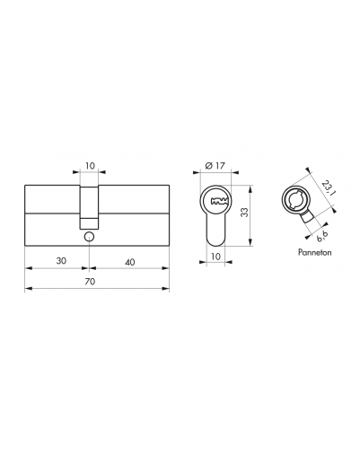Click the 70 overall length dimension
point(90,282)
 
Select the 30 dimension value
point(61,261)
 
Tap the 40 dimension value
point(130,262)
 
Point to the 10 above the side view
point(90,165)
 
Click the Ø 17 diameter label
point(215,165)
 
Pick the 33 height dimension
point(244,212)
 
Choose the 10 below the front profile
point(215,256)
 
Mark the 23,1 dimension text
point(327,187)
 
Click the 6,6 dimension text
point(322,236)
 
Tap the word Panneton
point(315,252)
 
